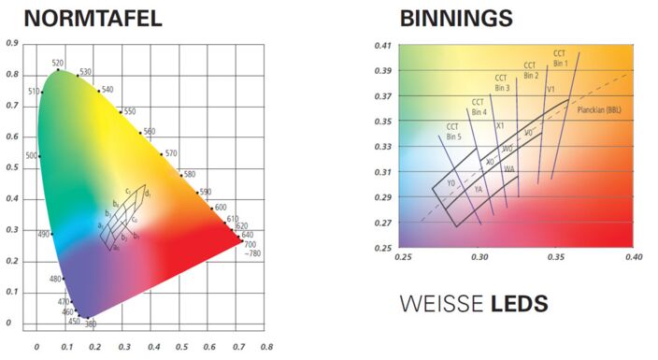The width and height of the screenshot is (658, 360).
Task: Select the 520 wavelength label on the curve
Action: (x=58, y=63)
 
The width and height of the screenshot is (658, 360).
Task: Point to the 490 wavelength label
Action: (x=42, y=234)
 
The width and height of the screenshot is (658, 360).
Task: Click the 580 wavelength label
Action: (x=190, y=174)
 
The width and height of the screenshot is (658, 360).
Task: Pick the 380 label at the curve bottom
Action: (x=91, y=324)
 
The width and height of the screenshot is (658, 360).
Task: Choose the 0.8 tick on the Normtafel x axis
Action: (x=266, y=344)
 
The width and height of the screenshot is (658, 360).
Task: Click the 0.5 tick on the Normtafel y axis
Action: (x=12, y=168)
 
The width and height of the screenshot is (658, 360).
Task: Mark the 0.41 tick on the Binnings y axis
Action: (x=382, y=45)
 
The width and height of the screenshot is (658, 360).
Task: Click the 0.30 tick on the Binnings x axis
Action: (x=480, y=255)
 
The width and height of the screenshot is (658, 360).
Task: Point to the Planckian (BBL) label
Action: (x=599, y=109)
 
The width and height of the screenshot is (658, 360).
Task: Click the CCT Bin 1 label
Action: (x=560, y=58)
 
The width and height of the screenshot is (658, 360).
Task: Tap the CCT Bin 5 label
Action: (x=452, y=131)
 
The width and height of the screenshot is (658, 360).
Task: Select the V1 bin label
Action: (x=551, y=89)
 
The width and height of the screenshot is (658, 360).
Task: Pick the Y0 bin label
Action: (x=451, y=183)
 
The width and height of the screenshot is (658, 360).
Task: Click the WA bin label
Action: (x=508, y=169)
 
